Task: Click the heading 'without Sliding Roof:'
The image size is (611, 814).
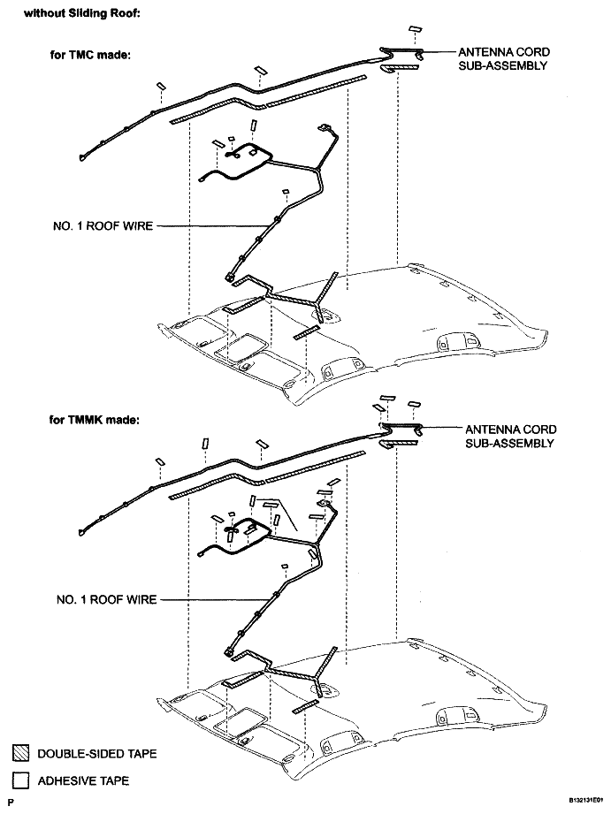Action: tap(81, 13)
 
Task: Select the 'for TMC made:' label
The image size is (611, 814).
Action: tap(90, 55)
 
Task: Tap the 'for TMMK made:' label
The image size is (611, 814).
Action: tap(94, 420)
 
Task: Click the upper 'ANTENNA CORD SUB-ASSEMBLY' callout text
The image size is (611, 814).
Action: tap(503, 58)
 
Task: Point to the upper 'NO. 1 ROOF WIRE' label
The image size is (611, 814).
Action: tap(103, 226)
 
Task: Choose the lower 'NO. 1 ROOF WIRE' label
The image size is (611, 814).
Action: tap(106, 599)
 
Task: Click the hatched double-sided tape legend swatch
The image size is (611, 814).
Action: tap(21, 753)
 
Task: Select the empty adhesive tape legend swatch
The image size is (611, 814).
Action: tap(21, 780)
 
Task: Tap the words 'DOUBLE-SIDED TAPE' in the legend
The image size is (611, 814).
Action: tap(97, 753)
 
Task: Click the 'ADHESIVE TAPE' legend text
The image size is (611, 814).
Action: tap(84, 780)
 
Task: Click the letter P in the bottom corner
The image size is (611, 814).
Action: tap(11, 803)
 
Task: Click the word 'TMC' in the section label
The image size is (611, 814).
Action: tap(81, 55)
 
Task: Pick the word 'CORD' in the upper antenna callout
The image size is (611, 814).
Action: tap(533, 52)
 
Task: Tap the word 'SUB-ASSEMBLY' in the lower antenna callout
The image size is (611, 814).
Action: tap(509, 444)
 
